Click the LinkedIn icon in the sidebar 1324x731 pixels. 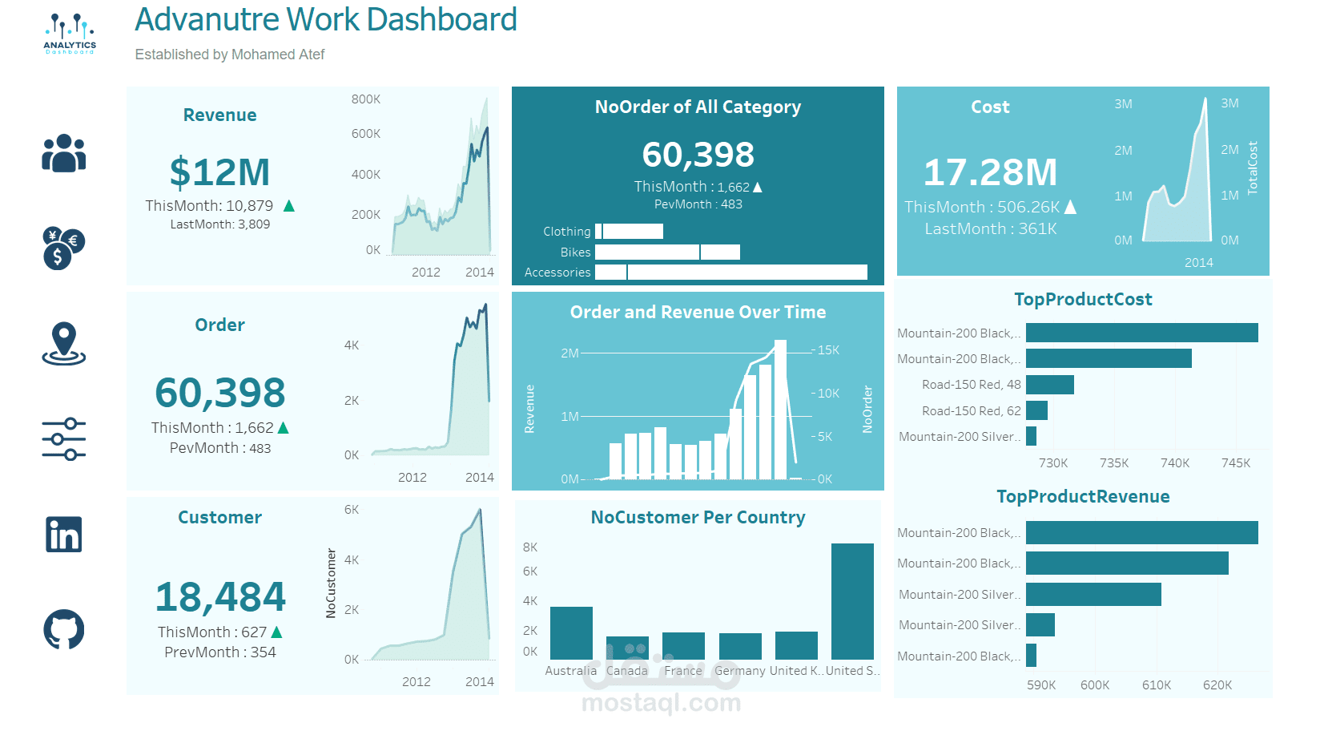(x=64, y=535)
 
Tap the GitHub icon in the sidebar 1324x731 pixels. (x=64, y=630)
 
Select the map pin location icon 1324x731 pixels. (x=64, y=344)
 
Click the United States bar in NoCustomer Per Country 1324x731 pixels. (x=852, y=601)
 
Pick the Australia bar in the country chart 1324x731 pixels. (x=571, y=633)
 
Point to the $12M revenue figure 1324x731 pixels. (x=219, y=172)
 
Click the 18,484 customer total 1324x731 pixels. (x=220, y=597)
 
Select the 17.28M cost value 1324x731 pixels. (x=990, y=172)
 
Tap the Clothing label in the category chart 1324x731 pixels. (x=566, y=232)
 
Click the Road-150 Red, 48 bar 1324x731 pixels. (x=1049, y=385)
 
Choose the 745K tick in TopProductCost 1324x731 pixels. (x=1235, y=463)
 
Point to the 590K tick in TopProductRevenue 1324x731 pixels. (x=1041, y=685)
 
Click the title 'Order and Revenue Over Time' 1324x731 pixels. (x=698, y=313)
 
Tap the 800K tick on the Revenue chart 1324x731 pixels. (x=366, y=99)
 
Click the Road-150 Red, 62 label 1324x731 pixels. (x=971, y=411)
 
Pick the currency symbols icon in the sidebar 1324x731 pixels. (x=64, y=248)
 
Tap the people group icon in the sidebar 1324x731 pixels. (x=64, y=153)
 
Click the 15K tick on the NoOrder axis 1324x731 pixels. (x=828, y=350)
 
